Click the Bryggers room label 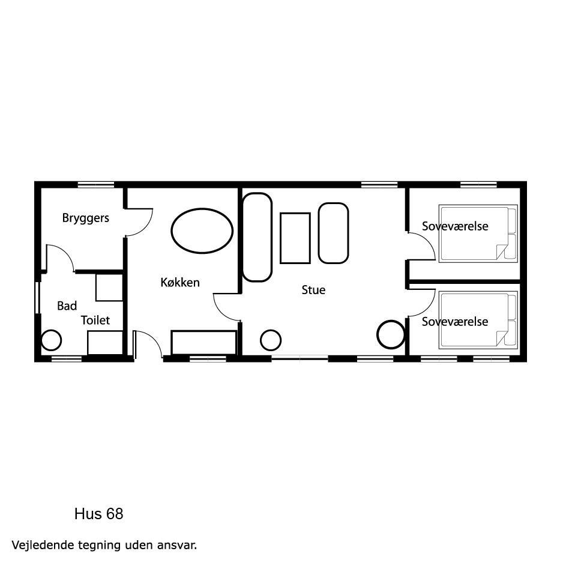[x=85, y=218]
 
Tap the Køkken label [x=180, y=282]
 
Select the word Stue [x=313, y=290]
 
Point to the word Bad [x=67, y=306]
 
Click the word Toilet [x=95, y=320]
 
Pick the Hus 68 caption [x=99, y=514]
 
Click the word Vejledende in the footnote [x=44, y=545]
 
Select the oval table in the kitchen [x=202, y=231]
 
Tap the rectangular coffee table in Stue [x=295, y=238]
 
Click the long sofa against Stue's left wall [x=257, y=237]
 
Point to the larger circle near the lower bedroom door [x=391, y=334]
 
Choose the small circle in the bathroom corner [x=52, y=340]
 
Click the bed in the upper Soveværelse [x=478, y=233]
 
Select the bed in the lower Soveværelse [x=478, y=320]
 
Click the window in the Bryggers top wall [x=96, y=184]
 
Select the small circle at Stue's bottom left [x=270, y=340]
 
